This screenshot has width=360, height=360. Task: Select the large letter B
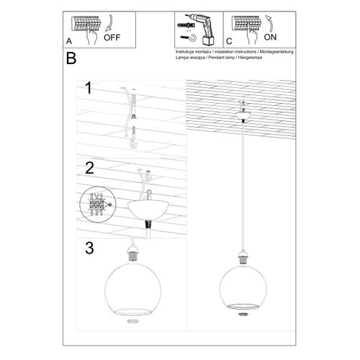(x=71, y=58)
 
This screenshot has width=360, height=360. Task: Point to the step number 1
(x=88, y=89)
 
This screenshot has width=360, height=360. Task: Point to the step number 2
(x=89, y=169)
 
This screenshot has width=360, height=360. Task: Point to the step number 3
(x=89, y=250)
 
